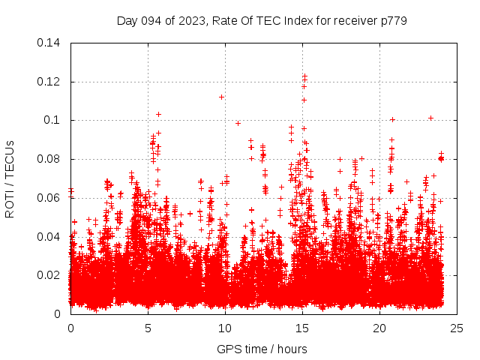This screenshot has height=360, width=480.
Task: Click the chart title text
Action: pos(262,20)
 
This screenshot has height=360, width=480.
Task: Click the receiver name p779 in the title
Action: pos(392,20)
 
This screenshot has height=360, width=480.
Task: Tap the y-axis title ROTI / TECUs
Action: pos(10,178)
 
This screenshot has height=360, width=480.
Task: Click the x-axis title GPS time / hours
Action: pos(262,349)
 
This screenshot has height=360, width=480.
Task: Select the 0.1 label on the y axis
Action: pos(54,120)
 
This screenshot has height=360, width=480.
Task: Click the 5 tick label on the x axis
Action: pos(148,328)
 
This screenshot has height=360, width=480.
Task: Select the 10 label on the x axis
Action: pos(225,328)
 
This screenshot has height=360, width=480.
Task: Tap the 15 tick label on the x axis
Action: pos(302,328)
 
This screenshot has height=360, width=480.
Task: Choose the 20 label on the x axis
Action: pos(379,328)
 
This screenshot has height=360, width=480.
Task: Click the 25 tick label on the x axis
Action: pos(457,328)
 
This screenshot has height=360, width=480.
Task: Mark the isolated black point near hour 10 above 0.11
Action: pos(221,97)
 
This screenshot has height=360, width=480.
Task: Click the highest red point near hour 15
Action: pos(304,76)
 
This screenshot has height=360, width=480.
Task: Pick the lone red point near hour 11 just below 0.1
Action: pos(238,123)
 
